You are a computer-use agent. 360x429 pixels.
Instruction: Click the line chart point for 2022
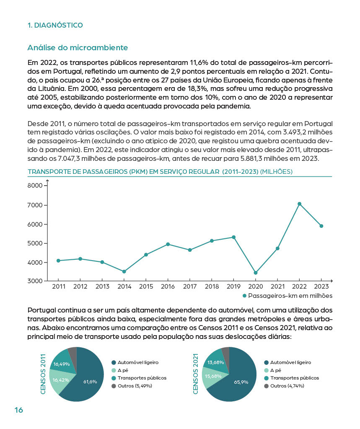click(299, 204)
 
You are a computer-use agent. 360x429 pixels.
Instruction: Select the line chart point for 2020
click(256, 273)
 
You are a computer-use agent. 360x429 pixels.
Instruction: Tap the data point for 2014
click(124, 271)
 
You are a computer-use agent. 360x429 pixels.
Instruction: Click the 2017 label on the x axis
click(190, 287)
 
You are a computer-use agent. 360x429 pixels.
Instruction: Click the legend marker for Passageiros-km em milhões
click(245, 296)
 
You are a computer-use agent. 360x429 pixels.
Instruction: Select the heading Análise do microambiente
click(78, 48)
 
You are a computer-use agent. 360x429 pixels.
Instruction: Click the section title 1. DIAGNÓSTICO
click(55, 25)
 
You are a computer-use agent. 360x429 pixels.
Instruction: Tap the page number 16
click(19, 410)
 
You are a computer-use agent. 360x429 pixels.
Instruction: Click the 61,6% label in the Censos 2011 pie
click(90, 382)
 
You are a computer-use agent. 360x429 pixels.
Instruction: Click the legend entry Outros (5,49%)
click(135, 385)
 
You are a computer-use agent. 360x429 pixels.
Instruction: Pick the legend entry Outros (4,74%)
click(287, 385)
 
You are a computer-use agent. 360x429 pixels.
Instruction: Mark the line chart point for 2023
click(321, 226)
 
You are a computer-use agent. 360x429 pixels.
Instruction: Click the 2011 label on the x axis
click(59, 287)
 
